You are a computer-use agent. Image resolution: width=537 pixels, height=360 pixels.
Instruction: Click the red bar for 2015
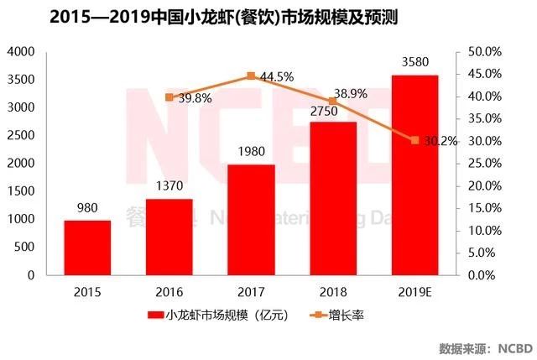[x=88, y=248]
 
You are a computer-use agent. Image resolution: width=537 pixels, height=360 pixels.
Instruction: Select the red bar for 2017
[x=252, y=220]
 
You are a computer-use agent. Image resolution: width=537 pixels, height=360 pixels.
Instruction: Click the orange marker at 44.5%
[x=252, y=76]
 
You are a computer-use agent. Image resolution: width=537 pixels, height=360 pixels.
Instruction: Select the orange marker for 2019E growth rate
[x=414, y=140]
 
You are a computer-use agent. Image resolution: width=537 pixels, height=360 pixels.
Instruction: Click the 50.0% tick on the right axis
[x=484, y=52]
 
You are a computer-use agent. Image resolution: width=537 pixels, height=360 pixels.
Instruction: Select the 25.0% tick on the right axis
[x=484, y=164]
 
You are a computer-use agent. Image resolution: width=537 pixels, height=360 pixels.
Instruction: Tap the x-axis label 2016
[x=169, y=291]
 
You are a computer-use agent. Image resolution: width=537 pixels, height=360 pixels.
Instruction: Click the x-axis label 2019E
[x=414, y=291]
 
